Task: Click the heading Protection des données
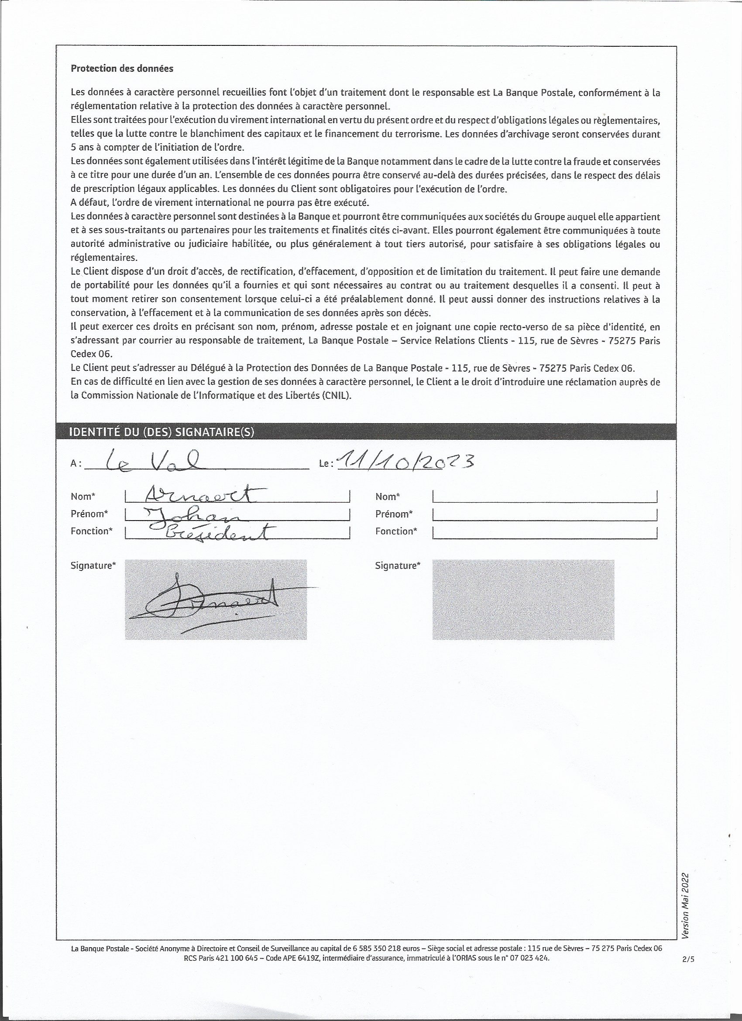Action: click(122, 69)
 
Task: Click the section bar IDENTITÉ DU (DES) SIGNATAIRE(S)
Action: click(161, 432)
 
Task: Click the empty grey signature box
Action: click(523, 599)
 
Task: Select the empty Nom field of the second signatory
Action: click(544, 497)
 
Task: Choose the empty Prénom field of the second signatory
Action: click(544, 514)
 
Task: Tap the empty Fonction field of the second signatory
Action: click(544, 532)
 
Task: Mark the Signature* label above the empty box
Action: click(397, 566)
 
